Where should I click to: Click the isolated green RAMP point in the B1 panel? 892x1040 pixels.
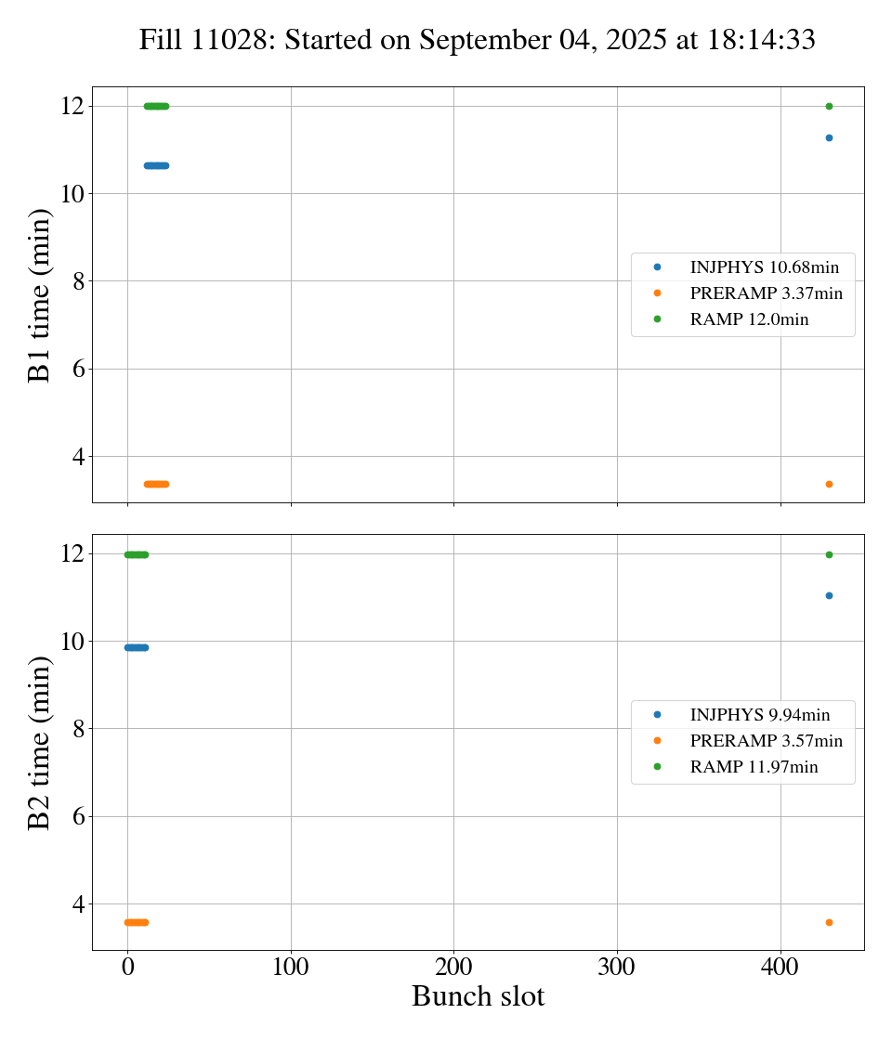(x=829, y=106)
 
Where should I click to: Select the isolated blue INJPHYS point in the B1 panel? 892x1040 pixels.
(x=829, y=137)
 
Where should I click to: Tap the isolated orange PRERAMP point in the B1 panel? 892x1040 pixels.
(x=829, y=484)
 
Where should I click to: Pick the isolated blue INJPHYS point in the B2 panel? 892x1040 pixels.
(x=829, y=595)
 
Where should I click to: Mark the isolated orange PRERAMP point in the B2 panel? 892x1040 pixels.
(x=829, y=922)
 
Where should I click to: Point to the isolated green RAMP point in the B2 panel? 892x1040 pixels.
(x=829, y=554)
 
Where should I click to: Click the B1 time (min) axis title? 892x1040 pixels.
(x=40, y=294)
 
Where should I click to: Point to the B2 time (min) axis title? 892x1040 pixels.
(x=40, y=742)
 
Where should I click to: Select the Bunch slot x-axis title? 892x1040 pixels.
(x=478, y=996)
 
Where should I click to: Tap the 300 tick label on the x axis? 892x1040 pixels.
(x=617, y=967)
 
